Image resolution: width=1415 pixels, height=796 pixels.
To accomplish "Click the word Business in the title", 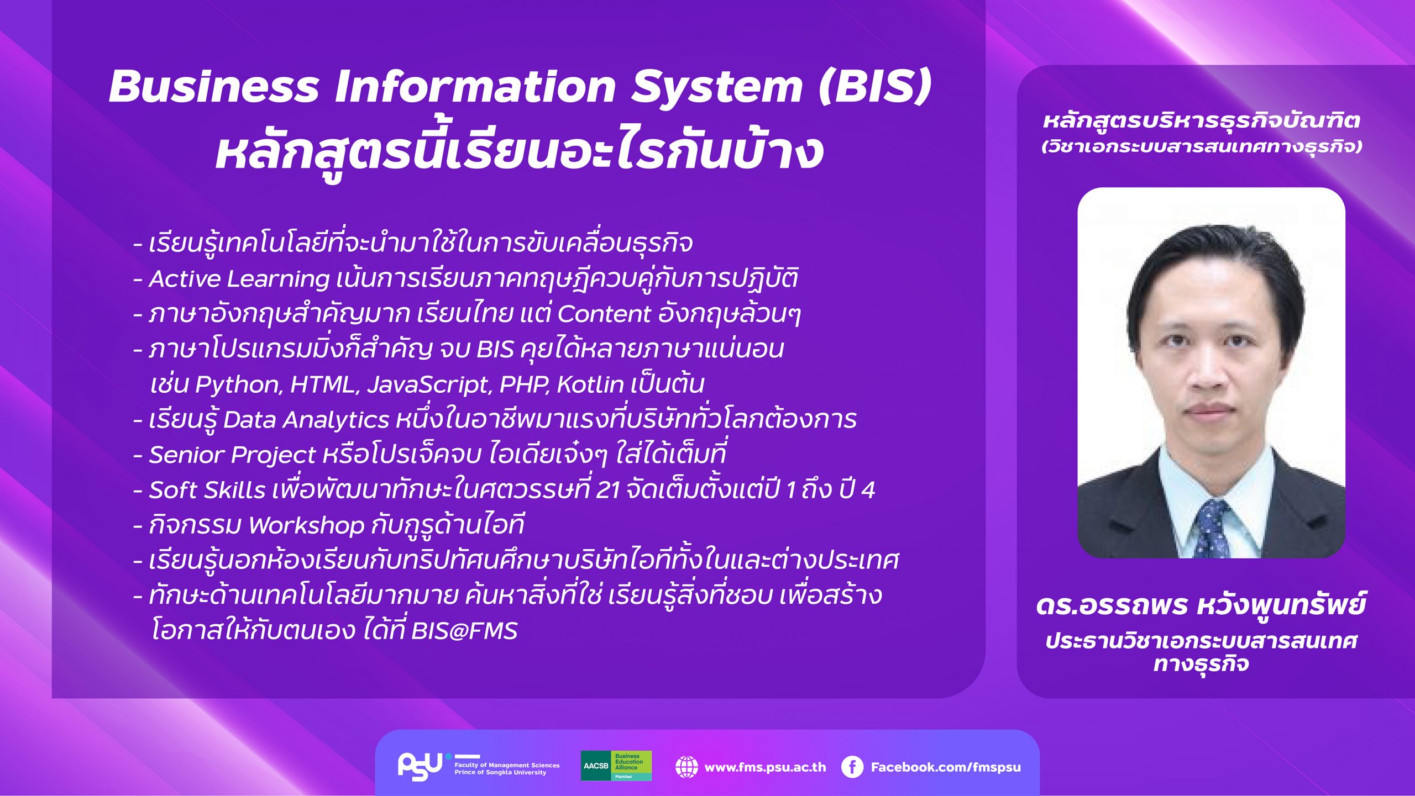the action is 214,87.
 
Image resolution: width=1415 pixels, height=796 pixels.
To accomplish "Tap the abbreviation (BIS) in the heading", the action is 875,87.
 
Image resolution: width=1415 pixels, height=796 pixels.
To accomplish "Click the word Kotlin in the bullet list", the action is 590,384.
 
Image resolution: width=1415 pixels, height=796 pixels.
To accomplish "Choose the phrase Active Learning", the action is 239,279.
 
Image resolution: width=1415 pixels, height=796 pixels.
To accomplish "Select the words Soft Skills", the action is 207,490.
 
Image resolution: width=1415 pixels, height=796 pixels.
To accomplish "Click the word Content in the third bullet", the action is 604,314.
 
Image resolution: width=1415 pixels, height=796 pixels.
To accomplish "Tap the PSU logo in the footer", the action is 420,766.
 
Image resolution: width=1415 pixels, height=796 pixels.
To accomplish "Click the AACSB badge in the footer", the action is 616,766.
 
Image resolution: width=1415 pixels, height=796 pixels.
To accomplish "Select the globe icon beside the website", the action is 686,767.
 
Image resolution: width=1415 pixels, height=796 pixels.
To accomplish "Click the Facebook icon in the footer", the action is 852,767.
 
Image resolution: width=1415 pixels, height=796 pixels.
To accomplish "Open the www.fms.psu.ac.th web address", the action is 765,767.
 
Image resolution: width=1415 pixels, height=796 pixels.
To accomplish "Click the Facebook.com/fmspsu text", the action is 946,767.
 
